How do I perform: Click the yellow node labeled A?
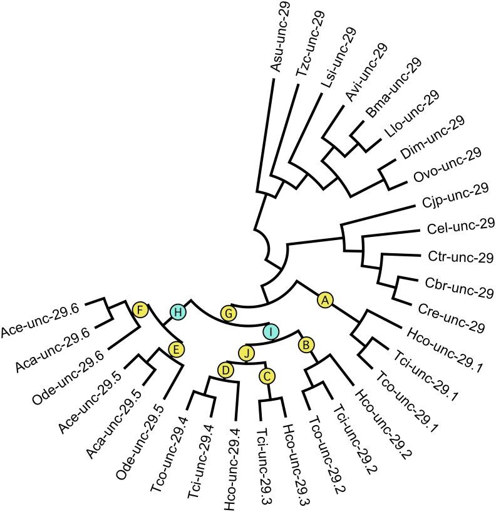click(324, 300)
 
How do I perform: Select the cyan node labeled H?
click(178, 311)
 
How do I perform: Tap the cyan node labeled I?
click(270, 330)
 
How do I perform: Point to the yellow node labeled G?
click(229, 311)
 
